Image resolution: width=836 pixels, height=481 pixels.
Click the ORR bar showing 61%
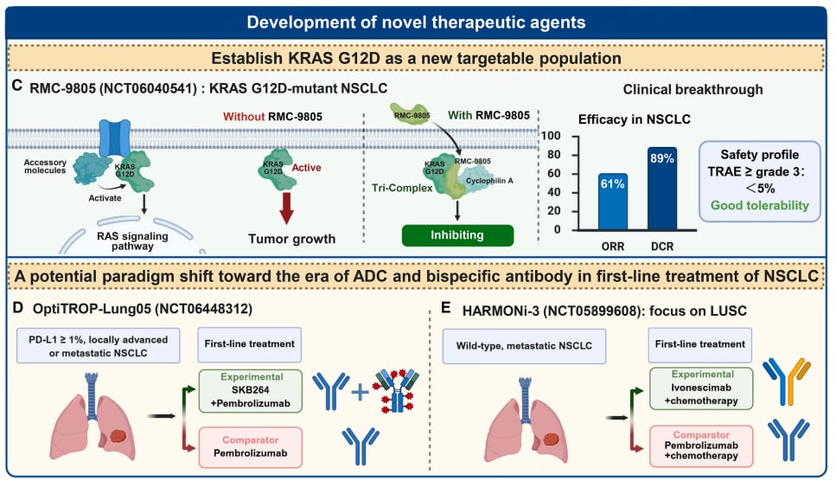[613, 202]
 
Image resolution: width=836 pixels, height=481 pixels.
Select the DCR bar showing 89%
[662, 189]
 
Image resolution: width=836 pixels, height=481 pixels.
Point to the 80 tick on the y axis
[554, 155]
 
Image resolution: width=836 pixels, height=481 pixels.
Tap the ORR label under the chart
[613, 247]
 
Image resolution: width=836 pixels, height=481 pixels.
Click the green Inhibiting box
[457, 235]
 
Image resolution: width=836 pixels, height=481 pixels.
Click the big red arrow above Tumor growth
[286, 208]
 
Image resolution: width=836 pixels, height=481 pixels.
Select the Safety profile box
[759, 181]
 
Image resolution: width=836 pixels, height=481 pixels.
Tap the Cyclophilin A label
[489, 181]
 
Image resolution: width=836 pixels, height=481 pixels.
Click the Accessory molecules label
[45, 166]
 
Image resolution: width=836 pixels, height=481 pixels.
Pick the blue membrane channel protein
[115, 138]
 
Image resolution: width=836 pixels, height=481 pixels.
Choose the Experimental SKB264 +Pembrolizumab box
[250, 390]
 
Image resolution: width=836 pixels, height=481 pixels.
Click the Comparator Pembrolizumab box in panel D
[250, 447]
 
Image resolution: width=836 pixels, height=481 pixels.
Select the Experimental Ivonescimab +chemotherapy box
[701, 388]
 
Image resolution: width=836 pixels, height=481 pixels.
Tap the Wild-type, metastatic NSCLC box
[524, 346]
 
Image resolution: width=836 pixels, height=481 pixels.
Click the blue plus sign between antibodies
[360, 393]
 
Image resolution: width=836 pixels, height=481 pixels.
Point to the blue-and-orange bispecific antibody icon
[787, 382]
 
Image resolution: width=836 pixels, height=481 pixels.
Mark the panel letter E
[446, 308]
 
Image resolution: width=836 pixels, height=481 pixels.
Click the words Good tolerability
[760, 205]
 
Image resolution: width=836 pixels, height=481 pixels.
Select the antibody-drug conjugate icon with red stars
[397, 391]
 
